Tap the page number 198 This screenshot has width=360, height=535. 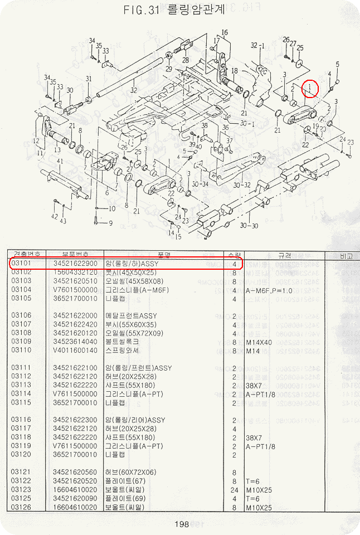pos(182,524)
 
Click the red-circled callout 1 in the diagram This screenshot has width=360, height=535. pos(310,88)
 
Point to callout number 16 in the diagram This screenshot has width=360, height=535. pos(225,32)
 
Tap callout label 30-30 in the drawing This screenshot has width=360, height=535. pos(249,226)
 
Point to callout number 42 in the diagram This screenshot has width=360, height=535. pos(54,216)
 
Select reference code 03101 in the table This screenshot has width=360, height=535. pos(21,264)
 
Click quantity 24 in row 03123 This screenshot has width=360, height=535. pos(234,489)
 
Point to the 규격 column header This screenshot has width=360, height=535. pos(285,255)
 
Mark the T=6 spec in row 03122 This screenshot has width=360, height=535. pos(254,480)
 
